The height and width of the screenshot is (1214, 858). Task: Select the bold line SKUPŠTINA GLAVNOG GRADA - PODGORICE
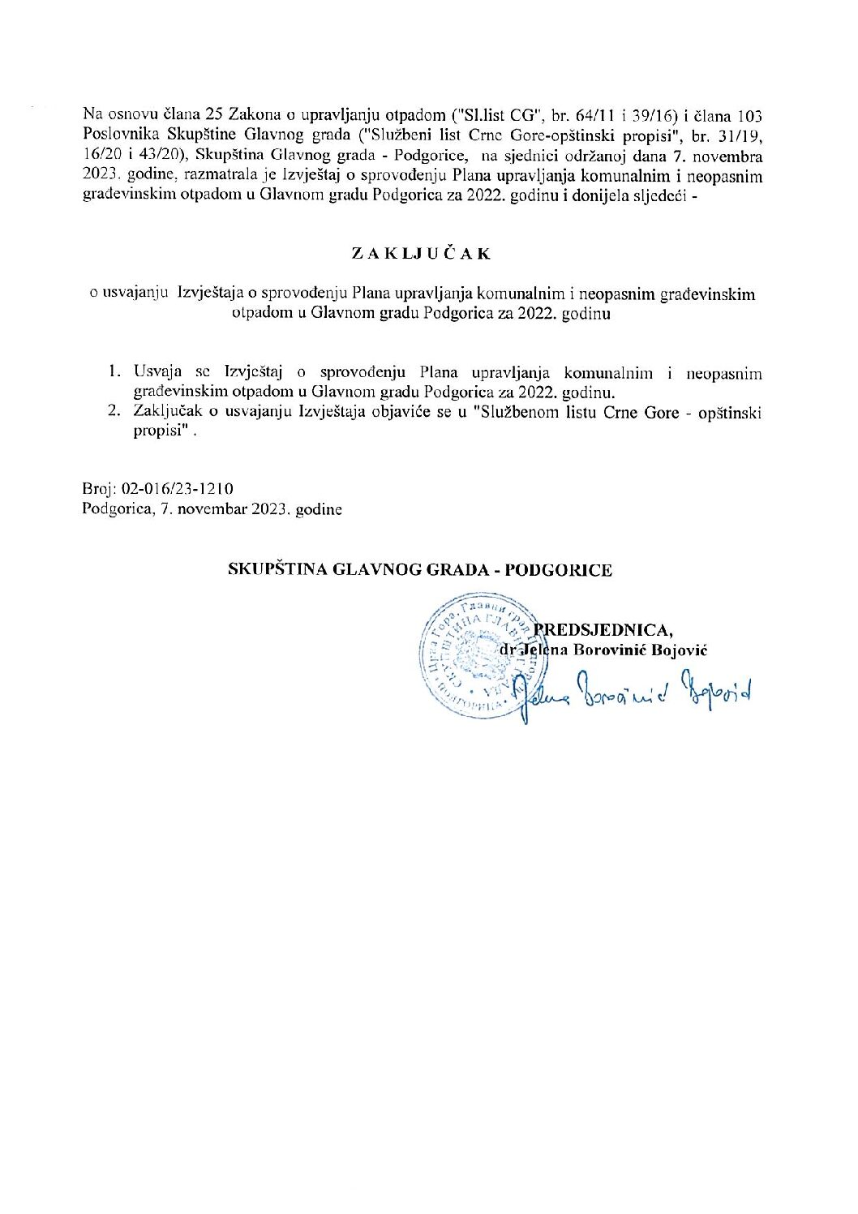click(419, 569)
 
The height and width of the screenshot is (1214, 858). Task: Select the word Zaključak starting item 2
click(166, 413)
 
